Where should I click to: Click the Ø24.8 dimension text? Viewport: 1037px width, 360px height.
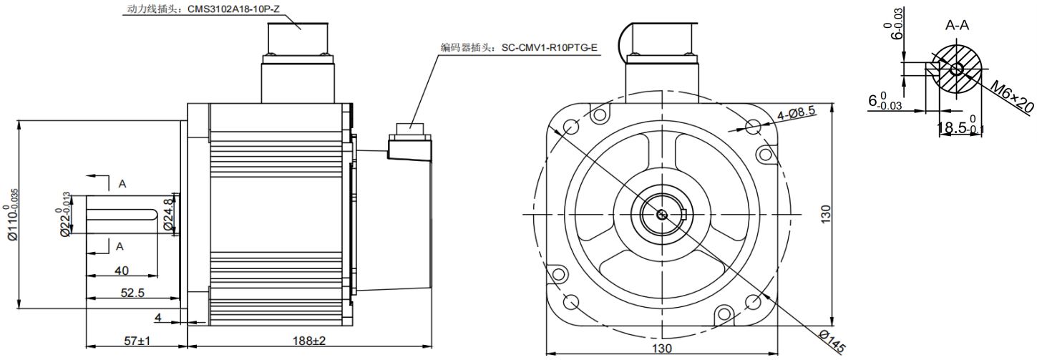pyautogui.click(x=168, y=214)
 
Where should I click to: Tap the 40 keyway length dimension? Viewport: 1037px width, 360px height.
pyautogui.click(x=121, y=271)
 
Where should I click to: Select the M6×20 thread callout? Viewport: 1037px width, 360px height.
pyautogui.click(x=1012, y=96)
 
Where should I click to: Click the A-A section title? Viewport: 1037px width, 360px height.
pyautogui.click(x=957, y=26)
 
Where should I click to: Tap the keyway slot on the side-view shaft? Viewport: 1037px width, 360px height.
pyautogui.click(x=122, y=213)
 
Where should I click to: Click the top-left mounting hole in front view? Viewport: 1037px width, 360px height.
pyautogui.click(x=571, y=127)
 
